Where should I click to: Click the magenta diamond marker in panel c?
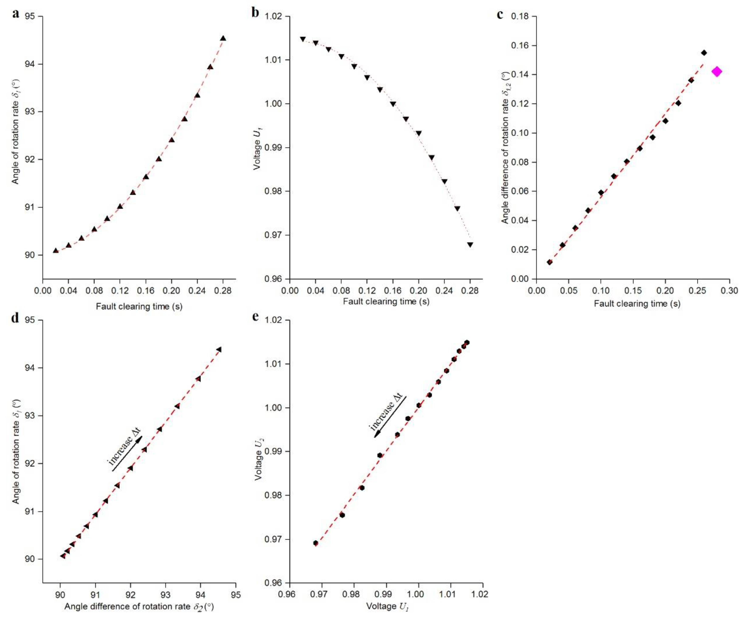click(717, 72)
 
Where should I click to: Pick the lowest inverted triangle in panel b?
click(470, 245)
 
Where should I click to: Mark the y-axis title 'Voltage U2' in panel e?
click(259, 460)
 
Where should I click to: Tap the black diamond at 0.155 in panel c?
click(704, 53)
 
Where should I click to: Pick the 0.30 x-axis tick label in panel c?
click(729, 291)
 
